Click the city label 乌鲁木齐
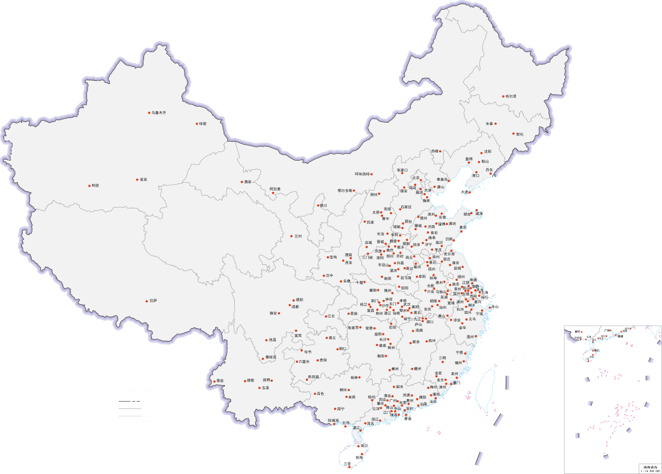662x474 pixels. point(159,113)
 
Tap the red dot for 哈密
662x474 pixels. point(197,124)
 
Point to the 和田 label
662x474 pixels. point(95,185)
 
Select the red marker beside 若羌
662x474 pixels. point(137,180)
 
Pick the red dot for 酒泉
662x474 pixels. point(242,182)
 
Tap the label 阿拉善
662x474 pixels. point(275,188)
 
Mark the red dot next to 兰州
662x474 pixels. point(292,236)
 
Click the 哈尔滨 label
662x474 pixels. point(510,96)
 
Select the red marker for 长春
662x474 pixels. point(495,123)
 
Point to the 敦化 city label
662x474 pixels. point(519,134)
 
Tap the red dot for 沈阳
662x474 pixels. point(481,151)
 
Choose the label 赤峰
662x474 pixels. point(435,150)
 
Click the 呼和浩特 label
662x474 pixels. point(362,174)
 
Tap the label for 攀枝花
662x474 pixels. point(271,357)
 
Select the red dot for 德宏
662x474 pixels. point(214,381)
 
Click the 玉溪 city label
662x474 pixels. point(265,388)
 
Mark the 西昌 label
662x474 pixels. point(272,340)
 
